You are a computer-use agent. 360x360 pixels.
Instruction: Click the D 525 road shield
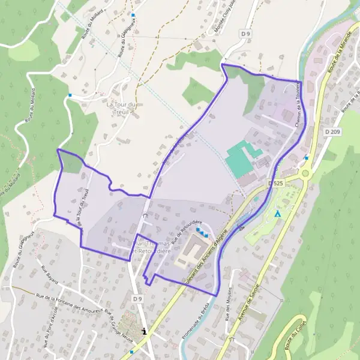(x=276, y=183)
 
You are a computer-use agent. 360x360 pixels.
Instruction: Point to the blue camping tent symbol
(x=277, y=214)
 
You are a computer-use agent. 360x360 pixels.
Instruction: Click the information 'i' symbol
(x=143, y=330)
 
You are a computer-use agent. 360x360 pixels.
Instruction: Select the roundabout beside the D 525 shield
(x=305, y=173)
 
